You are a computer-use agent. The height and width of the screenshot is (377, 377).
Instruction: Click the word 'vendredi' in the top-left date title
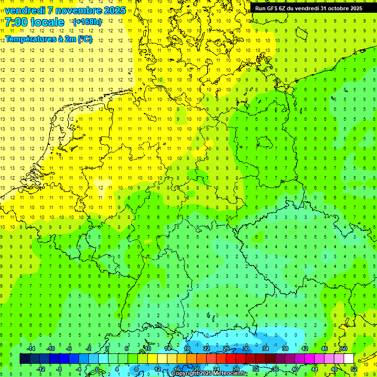point(25,10)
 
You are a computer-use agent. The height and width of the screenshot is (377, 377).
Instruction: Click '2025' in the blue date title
point(113,10)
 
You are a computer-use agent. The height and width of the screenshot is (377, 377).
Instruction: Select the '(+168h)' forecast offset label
point(87,22)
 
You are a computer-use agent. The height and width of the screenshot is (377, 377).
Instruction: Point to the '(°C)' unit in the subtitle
point(84,39)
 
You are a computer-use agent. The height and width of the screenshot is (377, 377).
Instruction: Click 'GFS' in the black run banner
point(273,8)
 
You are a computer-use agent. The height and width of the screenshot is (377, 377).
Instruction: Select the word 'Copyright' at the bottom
point(185,374)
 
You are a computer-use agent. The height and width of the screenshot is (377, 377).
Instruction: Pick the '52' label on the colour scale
point(354,369)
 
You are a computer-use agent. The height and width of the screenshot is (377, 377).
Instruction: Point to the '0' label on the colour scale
point(97,369)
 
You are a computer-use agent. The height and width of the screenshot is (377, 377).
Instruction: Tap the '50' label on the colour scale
point(344,349)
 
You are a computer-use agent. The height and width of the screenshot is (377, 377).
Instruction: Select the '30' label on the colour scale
point(246,349)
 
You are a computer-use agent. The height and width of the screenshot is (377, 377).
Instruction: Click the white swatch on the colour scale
point(349,359)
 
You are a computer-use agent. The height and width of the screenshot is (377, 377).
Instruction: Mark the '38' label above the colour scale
point(285,349)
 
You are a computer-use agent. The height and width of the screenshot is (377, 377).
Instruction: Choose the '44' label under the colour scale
point(315,369)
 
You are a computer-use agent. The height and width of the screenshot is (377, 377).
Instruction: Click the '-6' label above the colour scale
point(69,349)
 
